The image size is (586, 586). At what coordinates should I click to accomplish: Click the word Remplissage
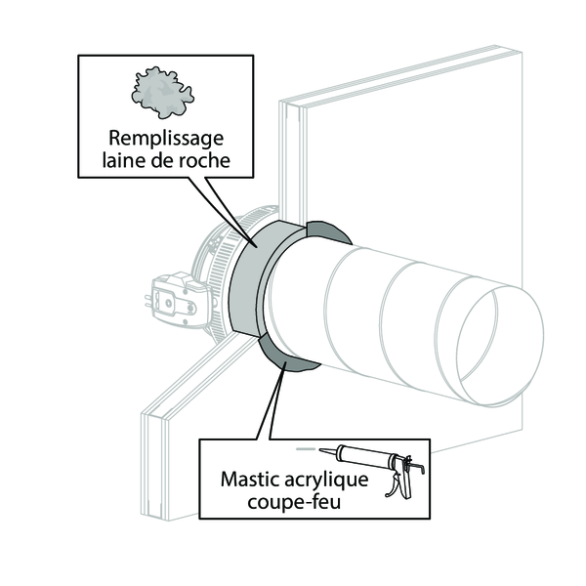coord(166,140)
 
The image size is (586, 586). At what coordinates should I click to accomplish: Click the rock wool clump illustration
coord(162,93)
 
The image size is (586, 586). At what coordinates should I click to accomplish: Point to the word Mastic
coord(250,479)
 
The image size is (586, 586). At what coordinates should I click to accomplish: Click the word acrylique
coord(326,481)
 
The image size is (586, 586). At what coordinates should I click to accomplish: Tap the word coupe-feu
coord(294,502)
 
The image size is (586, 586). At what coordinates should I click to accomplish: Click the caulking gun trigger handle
coord(395,484)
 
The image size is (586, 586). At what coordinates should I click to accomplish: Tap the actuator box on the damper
coord(180,299)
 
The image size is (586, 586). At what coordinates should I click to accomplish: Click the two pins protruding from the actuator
coord(148,301)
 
